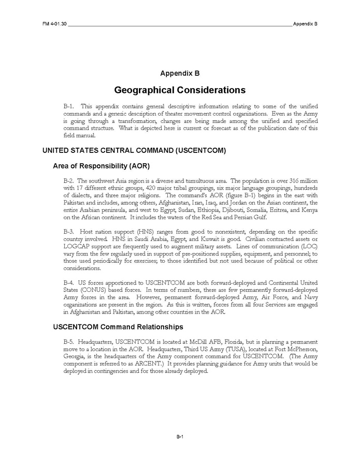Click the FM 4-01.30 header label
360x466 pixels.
tap(54, 24)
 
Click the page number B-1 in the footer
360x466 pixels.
tap(180, 437)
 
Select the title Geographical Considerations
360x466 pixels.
tap(180, 90)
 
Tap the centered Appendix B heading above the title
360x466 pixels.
tap(180, 73)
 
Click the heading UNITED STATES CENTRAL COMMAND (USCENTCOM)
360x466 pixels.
tap(134, 151)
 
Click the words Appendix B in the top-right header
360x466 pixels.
tap(305, 24)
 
